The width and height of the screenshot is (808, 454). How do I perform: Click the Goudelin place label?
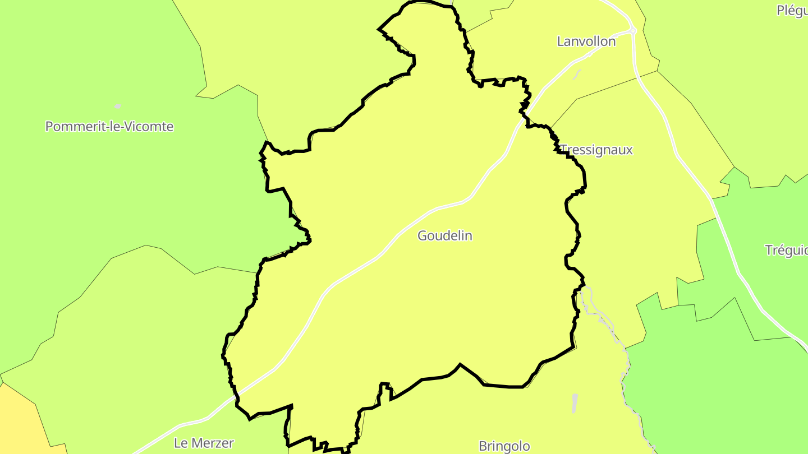pos(444,236)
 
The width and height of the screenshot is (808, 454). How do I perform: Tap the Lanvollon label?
pos(586,41)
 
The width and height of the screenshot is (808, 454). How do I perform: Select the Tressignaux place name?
pos(596,150)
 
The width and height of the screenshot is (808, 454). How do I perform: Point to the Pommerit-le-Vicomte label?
pos(109,127)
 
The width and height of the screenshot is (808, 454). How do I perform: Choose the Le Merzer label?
pos(204,443)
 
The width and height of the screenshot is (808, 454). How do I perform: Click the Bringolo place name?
pos(504,446)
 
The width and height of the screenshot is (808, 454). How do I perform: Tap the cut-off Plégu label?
pos(792,10)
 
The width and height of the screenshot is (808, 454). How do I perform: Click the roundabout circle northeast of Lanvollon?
pos(632,30)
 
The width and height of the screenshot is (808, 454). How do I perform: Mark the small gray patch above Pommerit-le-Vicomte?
pos(118,105)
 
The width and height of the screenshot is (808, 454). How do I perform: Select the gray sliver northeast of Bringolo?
pos(574,404)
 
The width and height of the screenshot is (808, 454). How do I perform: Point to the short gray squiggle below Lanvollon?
pos(577,74)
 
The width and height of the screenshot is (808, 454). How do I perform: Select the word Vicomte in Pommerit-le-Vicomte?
pos(150,127)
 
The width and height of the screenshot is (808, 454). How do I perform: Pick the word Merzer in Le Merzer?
pos(212,443)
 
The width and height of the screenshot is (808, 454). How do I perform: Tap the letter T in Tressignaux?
pos(563,150)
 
